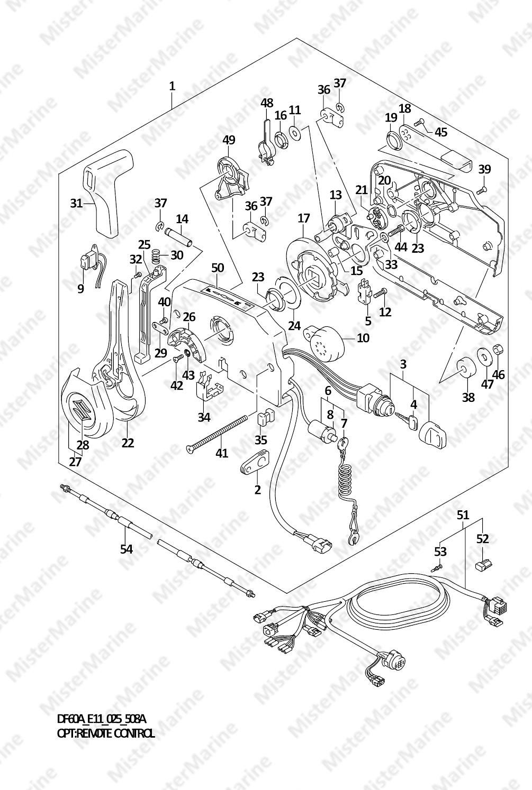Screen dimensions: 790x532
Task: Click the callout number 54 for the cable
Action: pyautogui.click(x=126, y=549)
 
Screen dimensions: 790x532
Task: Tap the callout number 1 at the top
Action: pyautogui.click(x=172, y=86)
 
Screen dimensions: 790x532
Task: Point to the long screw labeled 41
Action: pyautogui.click(x=218, y=433)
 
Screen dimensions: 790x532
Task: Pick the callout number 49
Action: pyautogui.click(x=229, y=140)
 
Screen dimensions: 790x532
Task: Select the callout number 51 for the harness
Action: pyautogui.click(x=463, y=515)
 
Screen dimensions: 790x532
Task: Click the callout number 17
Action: pyautogui.click(x=303, y=217)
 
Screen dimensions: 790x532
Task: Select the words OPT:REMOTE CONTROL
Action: pyautogui.click(x=106, y=733)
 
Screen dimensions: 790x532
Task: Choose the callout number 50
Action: pyautogui.click(x=218, y=268)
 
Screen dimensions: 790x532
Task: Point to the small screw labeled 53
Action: pyautogui.click(x=437, y=567)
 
